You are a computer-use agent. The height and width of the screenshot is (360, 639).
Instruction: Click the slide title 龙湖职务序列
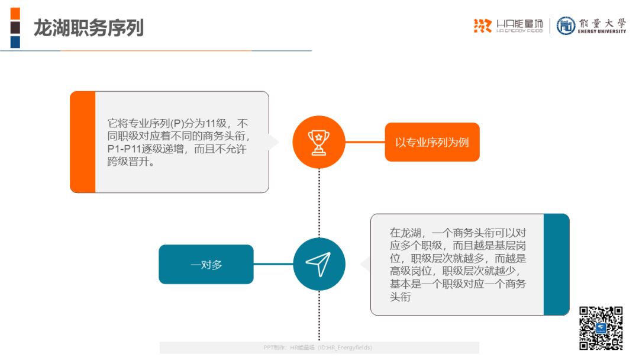(x=88, y=28)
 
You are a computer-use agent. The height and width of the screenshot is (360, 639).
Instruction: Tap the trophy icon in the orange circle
(x=319, y=142)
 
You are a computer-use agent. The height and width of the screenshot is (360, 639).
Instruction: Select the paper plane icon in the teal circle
(x=318, y=264)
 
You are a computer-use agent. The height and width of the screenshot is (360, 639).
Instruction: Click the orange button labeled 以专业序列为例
(x=432, y=142)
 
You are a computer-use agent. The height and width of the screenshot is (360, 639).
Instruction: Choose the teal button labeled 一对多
(x=206, y=264)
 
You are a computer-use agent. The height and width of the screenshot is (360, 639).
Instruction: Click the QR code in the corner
(x=601, y=328)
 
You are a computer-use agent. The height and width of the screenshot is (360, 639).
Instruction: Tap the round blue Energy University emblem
(x=566, y=25)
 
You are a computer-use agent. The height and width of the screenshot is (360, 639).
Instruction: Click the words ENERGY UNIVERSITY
(x=602, y=31)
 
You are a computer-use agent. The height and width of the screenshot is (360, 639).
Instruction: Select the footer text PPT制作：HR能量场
(x=289, y=348)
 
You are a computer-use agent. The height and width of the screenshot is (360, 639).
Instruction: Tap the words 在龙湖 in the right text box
(x=405, y=233)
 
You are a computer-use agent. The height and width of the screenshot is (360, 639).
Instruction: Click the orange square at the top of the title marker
(x=15, y=14)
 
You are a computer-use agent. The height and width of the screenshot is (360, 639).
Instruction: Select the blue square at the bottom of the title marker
(x=15, y=42)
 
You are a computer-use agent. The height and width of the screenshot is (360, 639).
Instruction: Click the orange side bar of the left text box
(x=83, y=142)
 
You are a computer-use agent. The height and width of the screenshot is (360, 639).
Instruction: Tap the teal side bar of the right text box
(x=556, y=264)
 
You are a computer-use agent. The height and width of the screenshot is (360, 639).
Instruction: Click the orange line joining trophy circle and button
(x=364, y=142)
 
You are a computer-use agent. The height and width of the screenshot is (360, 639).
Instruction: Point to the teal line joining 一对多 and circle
(x=273, y=264)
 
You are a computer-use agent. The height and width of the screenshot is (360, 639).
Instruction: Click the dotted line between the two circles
(x=319, y=203)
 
